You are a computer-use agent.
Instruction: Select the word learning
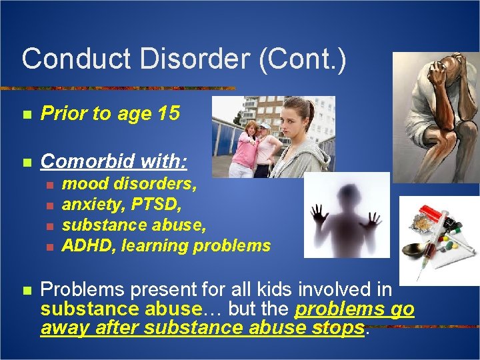point(157,245)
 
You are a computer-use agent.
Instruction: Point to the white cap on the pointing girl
point(265,125)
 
